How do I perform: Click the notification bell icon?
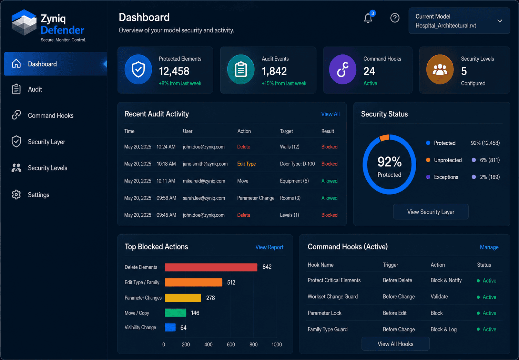click(368, 18)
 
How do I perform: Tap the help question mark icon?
click(395, 18)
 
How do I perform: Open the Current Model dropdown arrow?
click(500, 21)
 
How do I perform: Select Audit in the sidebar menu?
click(35, 89)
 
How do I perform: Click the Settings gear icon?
click(16, 195)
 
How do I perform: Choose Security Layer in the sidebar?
click(46, 142)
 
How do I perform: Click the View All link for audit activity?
click(330, 114)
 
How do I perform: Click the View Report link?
click(269, 247)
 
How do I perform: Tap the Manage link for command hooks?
click(489, 247)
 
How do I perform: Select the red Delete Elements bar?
click(211, 267)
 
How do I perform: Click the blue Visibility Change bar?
click(170, 327)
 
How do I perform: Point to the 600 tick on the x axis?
click(231, 344)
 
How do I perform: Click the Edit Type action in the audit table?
click(246, 164)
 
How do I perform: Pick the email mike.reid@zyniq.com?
click(204, 181)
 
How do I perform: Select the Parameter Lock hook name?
click(324, 313)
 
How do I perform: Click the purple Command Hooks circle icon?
click(343, 69)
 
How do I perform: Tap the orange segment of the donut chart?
click(384, 137)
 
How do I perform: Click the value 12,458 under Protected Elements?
click(174, 71)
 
